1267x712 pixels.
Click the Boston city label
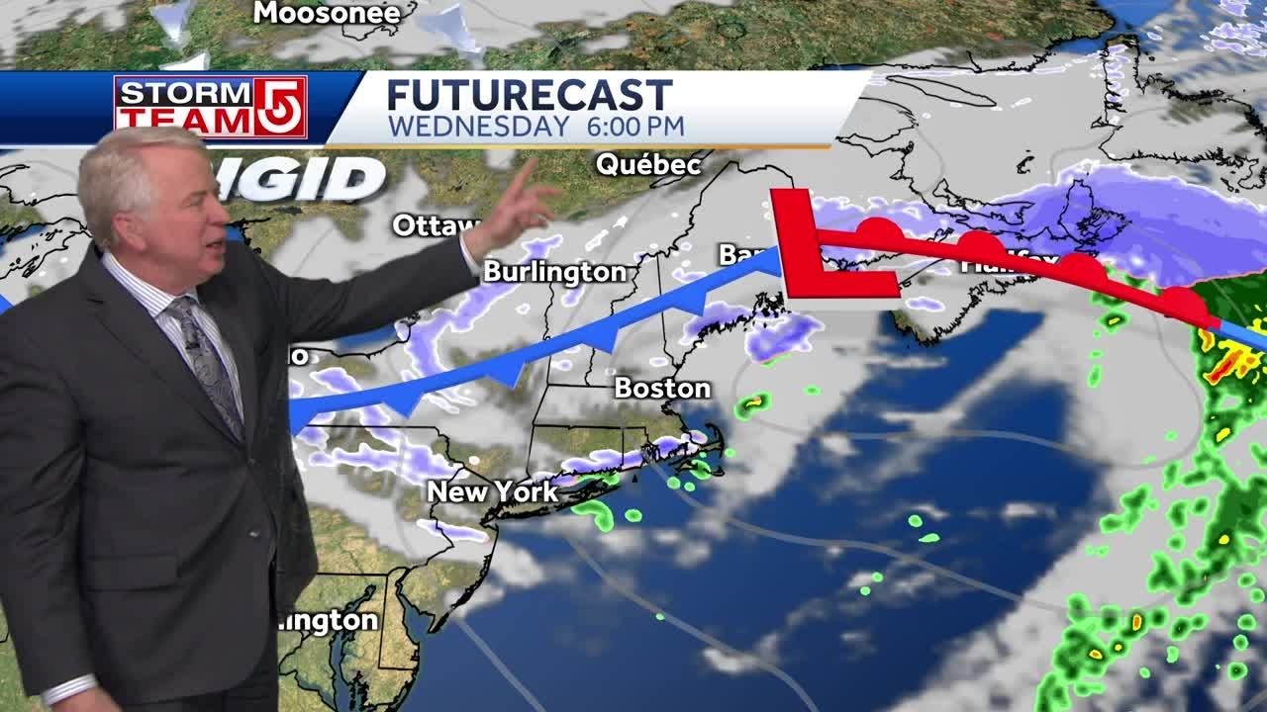(x=662, y=389)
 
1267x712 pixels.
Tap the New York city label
(x=492, y=491)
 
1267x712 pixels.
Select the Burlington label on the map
(x=554, y=272)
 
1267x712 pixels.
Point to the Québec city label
(x=648, y=164)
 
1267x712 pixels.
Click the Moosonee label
(x=327, y=13)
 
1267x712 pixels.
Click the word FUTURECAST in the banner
(x=529, y=96)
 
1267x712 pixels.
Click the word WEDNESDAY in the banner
(x=478, y=127)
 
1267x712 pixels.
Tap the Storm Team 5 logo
(x=210, y=106)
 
